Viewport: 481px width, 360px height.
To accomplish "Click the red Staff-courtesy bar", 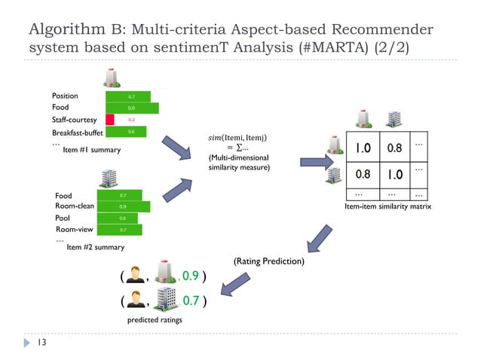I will click(110, 119).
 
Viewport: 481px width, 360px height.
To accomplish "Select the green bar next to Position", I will click(128, 96).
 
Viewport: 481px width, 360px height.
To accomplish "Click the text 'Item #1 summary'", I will click(90, 149).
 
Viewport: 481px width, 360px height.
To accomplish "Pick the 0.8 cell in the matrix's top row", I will click(394, 148).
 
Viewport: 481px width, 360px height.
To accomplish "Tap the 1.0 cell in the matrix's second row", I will click(394, 175).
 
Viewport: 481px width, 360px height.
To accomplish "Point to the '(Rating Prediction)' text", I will click(268, 261).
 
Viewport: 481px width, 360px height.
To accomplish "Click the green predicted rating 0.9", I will click(191, 276).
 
